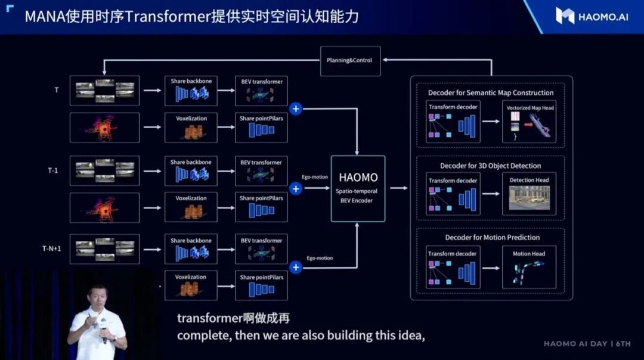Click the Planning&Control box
click(x=350, y=61)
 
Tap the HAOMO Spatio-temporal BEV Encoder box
click(x=358, y=188)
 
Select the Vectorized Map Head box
click(x=530, y=124)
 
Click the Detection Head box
click(x=530, y=194)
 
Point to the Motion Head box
click(x=529, y=267)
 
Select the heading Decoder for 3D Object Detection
click(x=491, y=166)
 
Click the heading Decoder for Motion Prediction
click(x=491, y=238)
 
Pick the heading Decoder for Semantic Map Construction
click(x=491, y=93)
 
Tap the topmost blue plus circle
click(x=296, y=108)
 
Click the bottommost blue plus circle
click(x=296, y=267)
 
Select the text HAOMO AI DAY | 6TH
click(x=587, y=344)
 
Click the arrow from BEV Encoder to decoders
click(x=398, y=188)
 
